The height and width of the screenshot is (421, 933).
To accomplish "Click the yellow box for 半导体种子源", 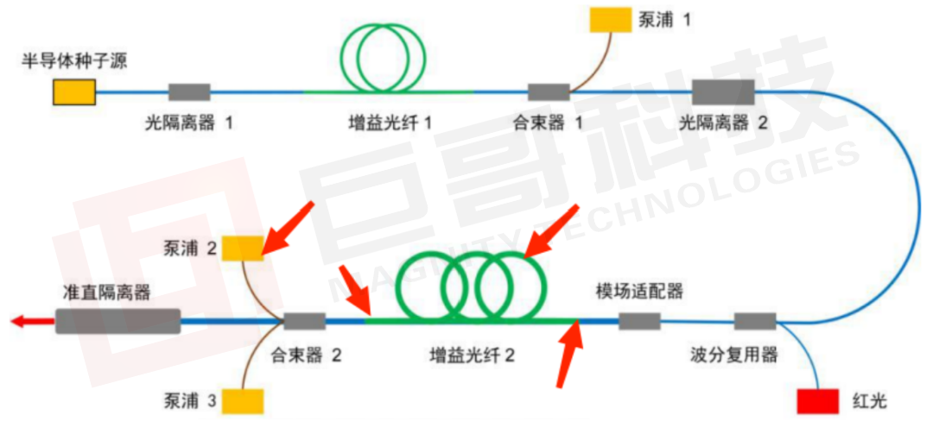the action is [73, 92].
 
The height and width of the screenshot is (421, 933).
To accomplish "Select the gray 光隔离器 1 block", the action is [189, 92].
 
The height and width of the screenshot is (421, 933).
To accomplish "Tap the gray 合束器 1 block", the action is [549, 92].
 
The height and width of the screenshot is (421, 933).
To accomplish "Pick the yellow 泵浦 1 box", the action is [611, 20].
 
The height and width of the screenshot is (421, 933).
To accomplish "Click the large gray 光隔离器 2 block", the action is [723, 92].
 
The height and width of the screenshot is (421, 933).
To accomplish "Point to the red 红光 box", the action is [818, 401].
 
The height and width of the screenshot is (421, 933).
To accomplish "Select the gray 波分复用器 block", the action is [755, 321].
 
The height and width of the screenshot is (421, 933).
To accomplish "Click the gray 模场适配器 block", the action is [639, 321].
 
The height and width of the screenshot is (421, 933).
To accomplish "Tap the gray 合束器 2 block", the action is [305, 321].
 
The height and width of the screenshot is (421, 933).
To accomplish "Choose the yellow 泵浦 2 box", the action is [243, 248].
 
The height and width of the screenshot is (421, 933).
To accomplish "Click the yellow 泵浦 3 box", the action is [243, 401].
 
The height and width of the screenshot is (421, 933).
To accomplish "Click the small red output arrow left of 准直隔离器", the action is [33, 321].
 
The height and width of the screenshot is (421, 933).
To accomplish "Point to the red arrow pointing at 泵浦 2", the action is [288, 229].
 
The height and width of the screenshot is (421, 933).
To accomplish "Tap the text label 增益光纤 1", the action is [389, 123].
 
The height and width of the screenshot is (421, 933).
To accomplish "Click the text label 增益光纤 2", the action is [472, 355].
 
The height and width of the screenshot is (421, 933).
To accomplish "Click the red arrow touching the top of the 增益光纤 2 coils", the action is [551, 231].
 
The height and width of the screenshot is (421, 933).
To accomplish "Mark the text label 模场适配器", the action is [639, 292].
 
